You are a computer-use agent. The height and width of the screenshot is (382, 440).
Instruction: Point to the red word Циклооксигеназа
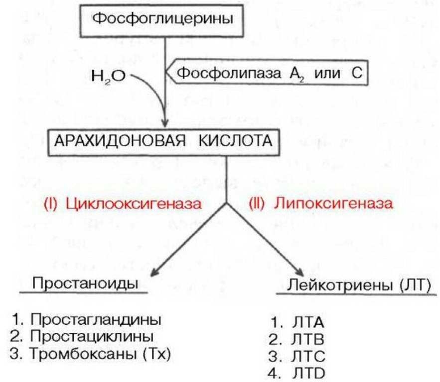(x=134, y=204)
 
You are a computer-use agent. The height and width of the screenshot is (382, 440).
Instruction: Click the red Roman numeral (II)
(x=256, y=204)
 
